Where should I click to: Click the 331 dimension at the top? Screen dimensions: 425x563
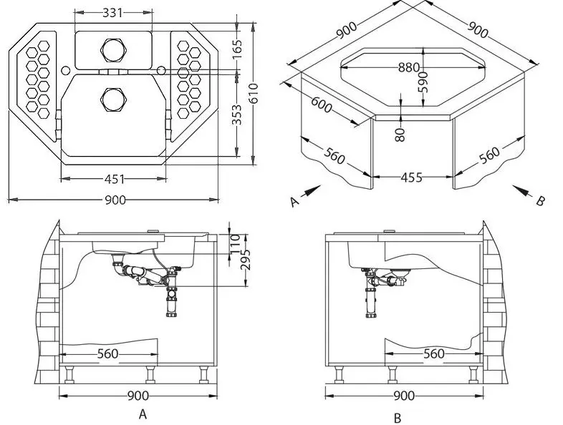point(112,12)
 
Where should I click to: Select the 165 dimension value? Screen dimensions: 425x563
point(238,49)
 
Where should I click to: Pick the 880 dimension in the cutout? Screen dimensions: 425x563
point(410,68)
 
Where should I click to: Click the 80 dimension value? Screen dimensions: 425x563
point(400,133)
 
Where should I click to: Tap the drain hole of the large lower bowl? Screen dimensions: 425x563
point(113,98)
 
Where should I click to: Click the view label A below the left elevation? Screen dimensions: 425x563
point(143,414)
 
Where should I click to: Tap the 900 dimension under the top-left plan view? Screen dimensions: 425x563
point(115,200)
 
